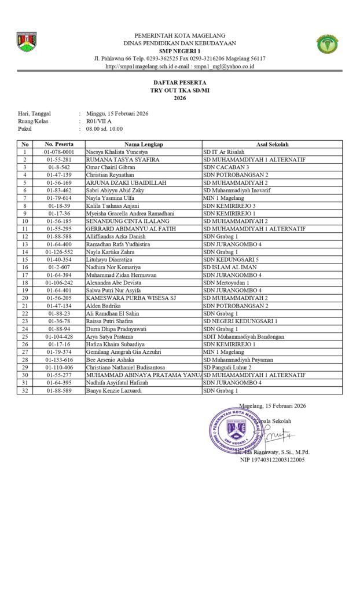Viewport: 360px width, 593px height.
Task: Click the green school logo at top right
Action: [x=328, y=44]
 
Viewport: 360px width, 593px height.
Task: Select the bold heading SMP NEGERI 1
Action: [x=180, y=51]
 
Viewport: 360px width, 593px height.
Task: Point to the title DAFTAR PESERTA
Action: [x=179, y=83]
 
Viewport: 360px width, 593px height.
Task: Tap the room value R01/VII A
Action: [x=99, y=122]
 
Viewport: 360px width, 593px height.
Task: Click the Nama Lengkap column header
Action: [x=144, y=144]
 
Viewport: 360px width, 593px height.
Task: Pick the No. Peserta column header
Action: [x=59, y=144]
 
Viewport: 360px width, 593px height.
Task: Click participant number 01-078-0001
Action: [x=59, y=152]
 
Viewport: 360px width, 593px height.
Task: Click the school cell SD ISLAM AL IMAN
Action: [x=230, y=268]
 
